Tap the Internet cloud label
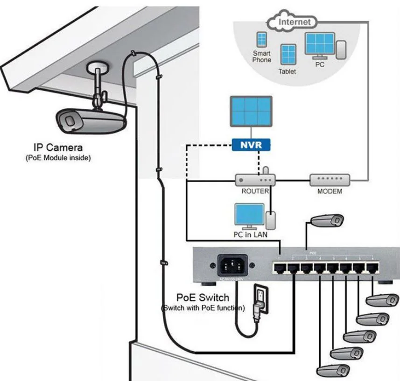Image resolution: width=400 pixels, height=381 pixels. [294, 21]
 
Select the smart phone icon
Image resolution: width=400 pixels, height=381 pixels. [261, 40]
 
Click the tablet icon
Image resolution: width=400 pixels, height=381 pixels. [287, 55]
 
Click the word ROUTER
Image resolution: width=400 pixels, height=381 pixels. [255, 191]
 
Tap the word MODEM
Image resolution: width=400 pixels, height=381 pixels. [330, 191]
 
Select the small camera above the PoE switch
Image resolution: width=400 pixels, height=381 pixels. [329, 220]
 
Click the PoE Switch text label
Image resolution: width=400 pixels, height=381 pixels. [203, 297]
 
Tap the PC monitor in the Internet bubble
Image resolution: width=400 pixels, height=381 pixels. [319, 45]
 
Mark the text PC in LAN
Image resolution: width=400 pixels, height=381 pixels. [250, 234]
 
